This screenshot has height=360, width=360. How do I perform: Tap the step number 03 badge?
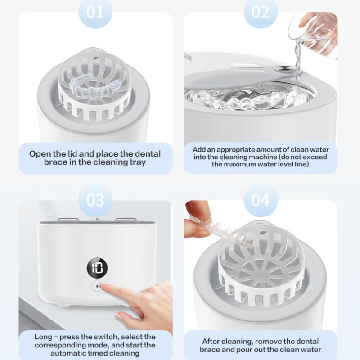click(95, 200)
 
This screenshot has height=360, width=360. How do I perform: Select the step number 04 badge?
click(261, 200)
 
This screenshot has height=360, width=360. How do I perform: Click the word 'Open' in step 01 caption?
click(40, 154)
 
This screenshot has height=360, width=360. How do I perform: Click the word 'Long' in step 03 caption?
click(43, 337)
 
